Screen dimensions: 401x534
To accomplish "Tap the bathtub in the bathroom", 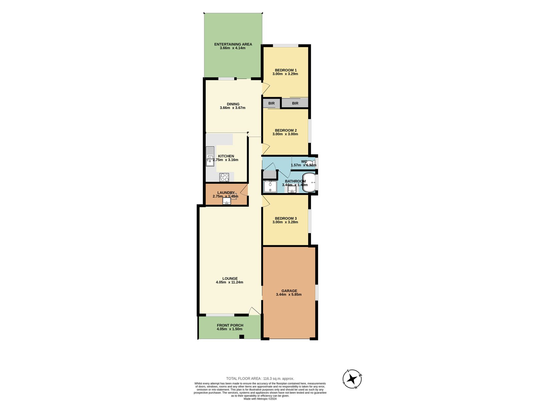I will [310, 183].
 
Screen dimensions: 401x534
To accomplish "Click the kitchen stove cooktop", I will [224, 177].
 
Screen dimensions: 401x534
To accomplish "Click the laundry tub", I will [227, 201].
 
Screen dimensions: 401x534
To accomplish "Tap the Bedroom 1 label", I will [285, 70].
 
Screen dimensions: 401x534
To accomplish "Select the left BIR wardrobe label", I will [271, 103].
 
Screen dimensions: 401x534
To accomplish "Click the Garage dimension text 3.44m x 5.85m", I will [289, 294].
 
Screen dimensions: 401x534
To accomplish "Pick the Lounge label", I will [230, 278].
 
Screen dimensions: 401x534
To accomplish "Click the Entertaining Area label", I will [233, 44].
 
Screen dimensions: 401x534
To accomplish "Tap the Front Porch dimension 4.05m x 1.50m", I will [230, 329].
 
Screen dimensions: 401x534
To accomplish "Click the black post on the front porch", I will [242, 337].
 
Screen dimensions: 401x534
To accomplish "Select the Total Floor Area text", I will [260, 379].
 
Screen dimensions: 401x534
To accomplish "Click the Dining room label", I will [233, 104].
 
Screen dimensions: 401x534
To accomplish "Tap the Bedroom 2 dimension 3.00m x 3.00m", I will [285, 134].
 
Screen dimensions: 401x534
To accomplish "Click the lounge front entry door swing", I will [255, 311].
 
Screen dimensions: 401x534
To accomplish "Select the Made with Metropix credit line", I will [260, 399].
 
